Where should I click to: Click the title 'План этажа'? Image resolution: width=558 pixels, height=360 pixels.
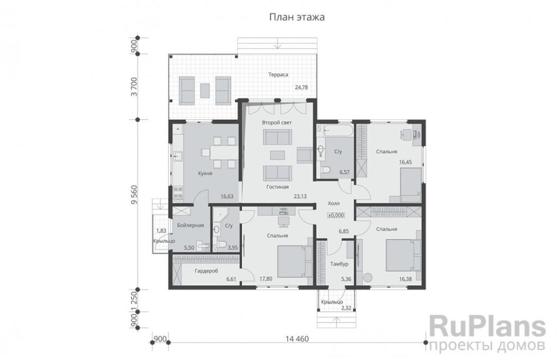(297, 17)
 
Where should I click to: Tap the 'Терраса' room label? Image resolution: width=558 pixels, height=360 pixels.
(278, 75)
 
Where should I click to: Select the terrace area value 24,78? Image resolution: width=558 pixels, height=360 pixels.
(301, 87)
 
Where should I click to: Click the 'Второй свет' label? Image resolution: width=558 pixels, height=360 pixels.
(277, 123)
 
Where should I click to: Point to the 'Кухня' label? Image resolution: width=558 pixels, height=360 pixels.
(205, 174)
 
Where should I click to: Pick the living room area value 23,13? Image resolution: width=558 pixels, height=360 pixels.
(300, 196)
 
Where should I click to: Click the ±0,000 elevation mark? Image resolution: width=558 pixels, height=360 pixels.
(336, 215)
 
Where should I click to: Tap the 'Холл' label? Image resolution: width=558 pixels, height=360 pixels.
(333, 204)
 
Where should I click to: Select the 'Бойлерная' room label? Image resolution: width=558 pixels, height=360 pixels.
(190, 225)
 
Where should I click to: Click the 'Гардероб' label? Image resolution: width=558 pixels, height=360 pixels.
(206, 271)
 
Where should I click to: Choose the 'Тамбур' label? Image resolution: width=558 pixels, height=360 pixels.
(339, 264)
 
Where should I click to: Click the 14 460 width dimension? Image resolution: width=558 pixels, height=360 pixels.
(297, 339)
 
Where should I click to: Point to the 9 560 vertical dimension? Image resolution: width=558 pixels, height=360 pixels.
(134, 205)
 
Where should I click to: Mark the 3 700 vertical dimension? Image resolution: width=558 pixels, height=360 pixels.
(134, 87)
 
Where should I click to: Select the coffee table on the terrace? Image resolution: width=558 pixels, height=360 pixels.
(205, 90)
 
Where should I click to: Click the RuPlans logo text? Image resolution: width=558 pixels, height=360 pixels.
(488, 327)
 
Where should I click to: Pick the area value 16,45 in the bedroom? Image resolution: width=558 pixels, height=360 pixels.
(405, 162)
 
